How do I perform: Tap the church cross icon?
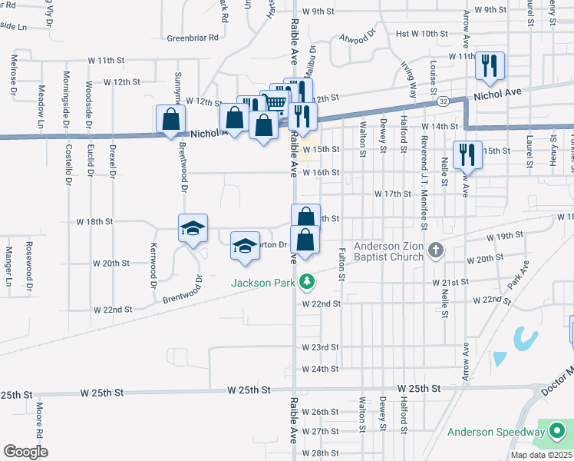435,250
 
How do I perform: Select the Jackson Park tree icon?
307,282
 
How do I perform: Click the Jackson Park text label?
265,283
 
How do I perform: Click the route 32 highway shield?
444,101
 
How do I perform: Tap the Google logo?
25,451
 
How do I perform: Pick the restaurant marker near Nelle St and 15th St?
467,154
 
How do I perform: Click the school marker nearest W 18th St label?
193,227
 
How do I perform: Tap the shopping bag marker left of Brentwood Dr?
170,119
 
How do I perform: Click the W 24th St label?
320,369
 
